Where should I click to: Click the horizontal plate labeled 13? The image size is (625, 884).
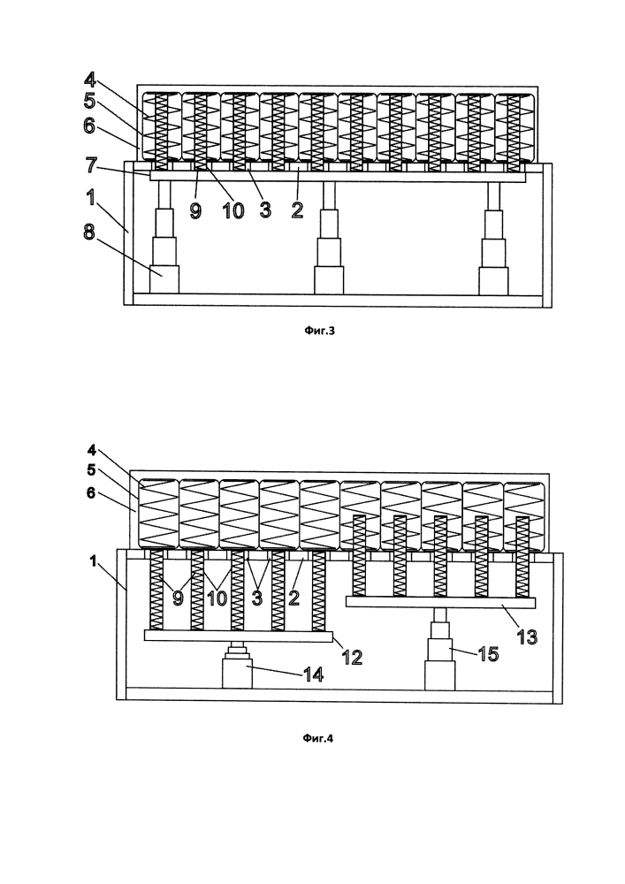coord(440,602)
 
